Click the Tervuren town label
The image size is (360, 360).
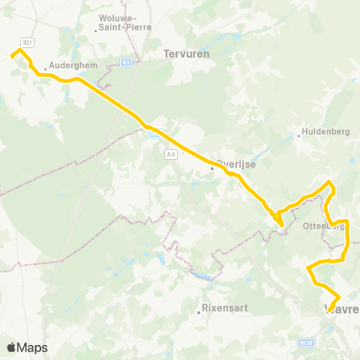tap(186, 54)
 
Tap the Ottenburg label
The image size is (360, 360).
tap(324, 226)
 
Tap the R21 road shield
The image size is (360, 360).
tap(27, 43)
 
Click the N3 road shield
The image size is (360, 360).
tap(127, 61)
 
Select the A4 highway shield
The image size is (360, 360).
tap(171, 154)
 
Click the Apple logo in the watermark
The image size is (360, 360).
tap(12, 347)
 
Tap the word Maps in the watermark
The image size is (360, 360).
tap(32, 347)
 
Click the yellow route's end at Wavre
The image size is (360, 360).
tap(338, 298)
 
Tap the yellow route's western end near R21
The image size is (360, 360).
tap(11, 55)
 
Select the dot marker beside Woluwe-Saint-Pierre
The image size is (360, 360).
tap(97, 31)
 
